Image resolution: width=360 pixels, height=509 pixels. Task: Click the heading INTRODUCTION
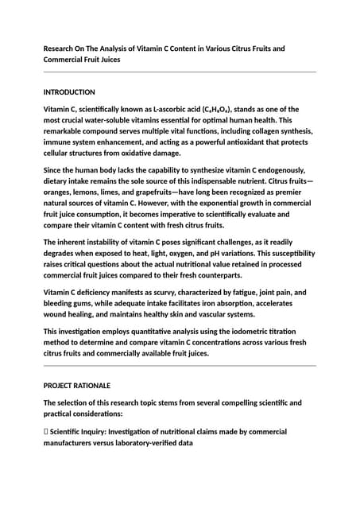click(x=69, y=92)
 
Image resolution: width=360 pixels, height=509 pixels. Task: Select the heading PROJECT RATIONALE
click(x=77, y=386)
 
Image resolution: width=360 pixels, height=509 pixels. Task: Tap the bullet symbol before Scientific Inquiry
click(x=46, y=432)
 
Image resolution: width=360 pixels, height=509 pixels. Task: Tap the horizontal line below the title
click(x=180, y=72)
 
